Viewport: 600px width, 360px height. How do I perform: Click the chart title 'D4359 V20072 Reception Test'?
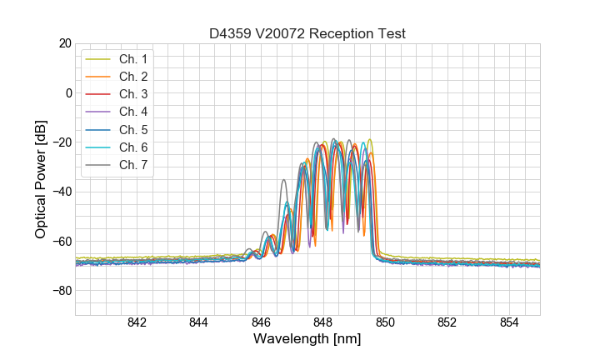click(x=307, y=33)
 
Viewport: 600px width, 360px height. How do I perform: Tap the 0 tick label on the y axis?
click(x=68, y=92)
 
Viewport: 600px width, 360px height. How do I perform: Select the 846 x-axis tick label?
click(x=261, y=323)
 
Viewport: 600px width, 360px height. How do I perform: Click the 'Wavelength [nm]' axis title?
click(x=307, y=340)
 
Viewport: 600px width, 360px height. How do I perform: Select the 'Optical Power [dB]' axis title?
click(x=41, y=179)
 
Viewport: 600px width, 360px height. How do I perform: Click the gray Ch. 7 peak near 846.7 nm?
click(x=283, y=180)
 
